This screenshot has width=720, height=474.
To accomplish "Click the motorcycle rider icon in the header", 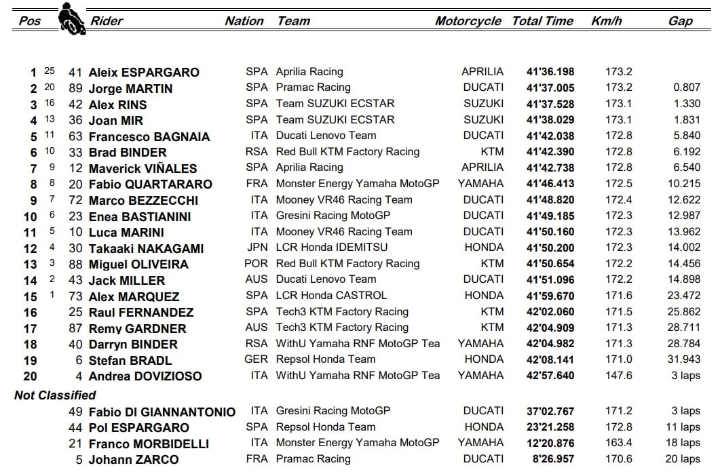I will tap(68, 18).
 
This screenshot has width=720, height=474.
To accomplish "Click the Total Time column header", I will tap(542, 21).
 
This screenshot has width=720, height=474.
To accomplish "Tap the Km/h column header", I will tap(606, 21).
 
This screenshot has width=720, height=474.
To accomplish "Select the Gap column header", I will tap(680, 21).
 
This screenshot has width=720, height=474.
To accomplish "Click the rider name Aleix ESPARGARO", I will tap(144, 73).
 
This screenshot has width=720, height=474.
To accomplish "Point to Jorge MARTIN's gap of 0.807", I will tap(687, 87).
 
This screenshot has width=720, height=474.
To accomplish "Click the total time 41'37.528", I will tap(550, 104).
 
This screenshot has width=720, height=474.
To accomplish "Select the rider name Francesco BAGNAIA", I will tap(149, 136).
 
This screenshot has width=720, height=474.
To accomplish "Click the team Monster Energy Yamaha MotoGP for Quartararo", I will tap(357, 184).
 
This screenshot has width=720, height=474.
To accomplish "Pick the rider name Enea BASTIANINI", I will tap(140, 216).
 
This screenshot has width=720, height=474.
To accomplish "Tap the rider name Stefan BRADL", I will tap(130, 360).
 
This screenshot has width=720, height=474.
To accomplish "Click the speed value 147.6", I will tap(618, 376).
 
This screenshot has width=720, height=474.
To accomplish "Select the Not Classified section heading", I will tap(55, 395).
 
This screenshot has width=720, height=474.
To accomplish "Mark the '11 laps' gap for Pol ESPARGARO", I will tap(681, 427).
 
